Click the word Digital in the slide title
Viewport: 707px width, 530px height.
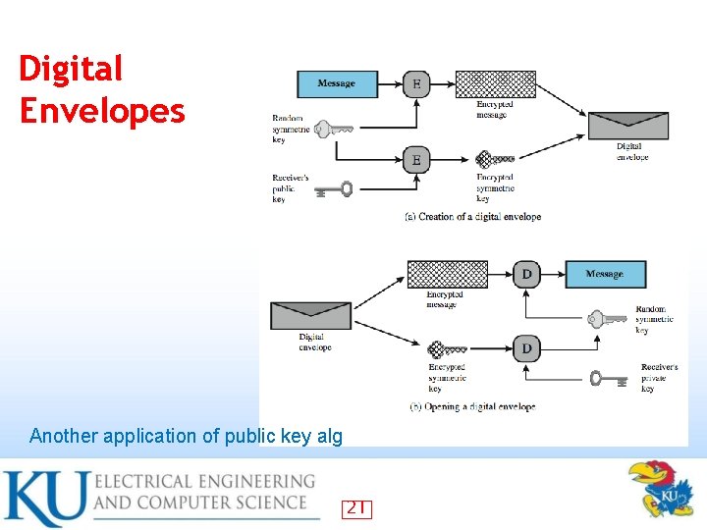click(x=71, y=69)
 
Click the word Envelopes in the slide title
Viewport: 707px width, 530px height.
click(x=102, y=111)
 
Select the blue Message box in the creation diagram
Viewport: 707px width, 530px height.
click(x=337, y=84)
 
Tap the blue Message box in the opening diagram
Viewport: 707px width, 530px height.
click(x=605, y=274)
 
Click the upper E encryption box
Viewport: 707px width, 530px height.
click(x=416, y=84)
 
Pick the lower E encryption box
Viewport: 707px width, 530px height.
click(x=416, y=159)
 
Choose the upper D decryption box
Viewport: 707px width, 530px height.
click(x=526, y=274)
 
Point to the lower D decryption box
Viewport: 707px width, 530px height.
click(x=526, y=348)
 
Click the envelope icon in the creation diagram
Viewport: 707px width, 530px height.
click(x=627, y=126)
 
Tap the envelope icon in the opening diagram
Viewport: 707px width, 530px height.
click(x=310, y=315)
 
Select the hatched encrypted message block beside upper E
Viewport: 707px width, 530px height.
click(x=497, y=84)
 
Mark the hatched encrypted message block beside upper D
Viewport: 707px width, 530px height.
click(x=447, y=274)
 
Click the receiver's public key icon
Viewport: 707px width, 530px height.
click(x=334, y=189)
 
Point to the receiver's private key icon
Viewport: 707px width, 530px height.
click(x=609, y=378)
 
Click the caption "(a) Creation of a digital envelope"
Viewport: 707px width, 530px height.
click(x=472, y=217)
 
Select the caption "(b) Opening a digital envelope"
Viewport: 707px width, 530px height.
click(x=472, y=406)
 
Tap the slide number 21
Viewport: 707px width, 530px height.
click(x=356, y=507)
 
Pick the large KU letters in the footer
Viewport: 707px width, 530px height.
click(x=46, y=499)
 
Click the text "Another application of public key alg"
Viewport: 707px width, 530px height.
click(x=187, y=436)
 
